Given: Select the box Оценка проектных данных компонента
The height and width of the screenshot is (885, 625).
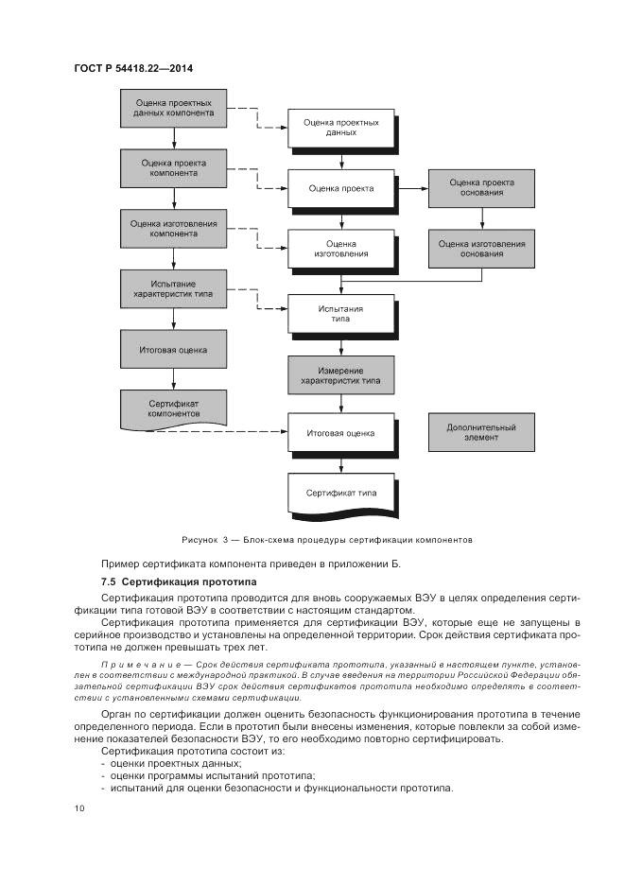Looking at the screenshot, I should click(173, 108).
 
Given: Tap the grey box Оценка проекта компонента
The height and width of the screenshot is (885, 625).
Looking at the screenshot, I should click(173, 168).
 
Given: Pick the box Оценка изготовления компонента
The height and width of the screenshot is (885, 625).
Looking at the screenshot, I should click(173, 230).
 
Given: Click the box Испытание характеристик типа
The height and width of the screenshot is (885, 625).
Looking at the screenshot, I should click(173, 289).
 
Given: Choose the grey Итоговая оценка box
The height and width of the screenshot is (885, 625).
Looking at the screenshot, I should click(173, 349).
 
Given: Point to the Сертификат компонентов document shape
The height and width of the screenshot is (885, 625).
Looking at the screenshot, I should click(173, 408).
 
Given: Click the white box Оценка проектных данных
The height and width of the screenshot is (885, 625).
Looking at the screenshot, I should click(340, 128).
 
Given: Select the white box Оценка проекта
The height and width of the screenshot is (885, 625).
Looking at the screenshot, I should click(340, 188).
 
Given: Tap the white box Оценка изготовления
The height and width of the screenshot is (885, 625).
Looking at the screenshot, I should click(340, 249).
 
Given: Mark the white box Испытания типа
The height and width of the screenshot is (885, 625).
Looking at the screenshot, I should click(340, 314).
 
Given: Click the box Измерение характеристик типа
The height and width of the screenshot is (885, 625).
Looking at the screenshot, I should click(340, 374).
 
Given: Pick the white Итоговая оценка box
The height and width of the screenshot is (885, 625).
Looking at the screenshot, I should click(340, 434).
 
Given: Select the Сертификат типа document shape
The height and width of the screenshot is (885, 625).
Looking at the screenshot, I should click(340, 494).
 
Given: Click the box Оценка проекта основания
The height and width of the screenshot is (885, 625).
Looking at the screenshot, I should click(481, 187).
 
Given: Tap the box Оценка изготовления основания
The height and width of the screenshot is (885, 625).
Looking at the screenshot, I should click(481, 249).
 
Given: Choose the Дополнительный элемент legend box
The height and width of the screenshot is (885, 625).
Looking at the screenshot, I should click(481, 433).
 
